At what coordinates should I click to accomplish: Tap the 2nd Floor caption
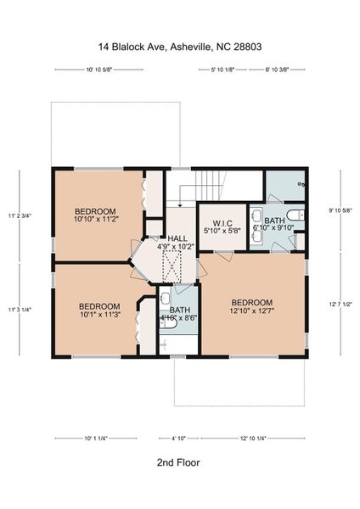(178, 463)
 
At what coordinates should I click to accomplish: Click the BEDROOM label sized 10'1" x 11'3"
(98, 311)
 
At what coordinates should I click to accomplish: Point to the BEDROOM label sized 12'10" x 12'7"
(251, 307)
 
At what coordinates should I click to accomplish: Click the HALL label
(177, 243)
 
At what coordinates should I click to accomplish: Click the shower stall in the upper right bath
(285, 183)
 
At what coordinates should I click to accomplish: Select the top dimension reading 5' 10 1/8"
(222, 70)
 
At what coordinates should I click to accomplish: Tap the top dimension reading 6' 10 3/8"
(278, 70)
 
